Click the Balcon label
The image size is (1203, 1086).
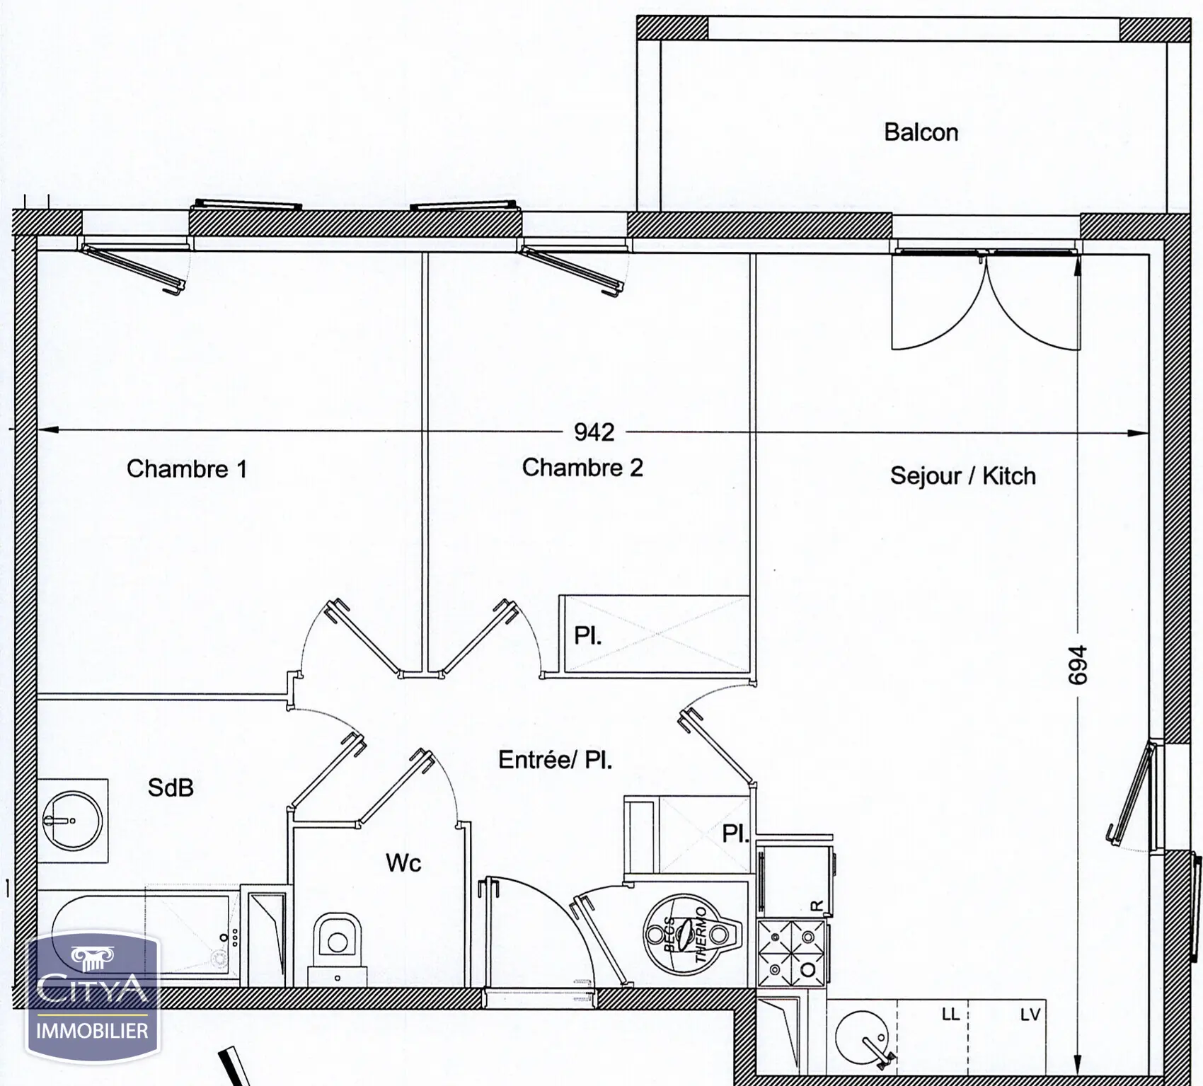point(921,132)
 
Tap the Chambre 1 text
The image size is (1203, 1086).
point(187,468)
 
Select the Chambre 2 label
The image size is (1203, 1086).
point(582,467)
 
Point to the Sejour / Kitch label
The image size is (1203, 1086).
point(962,475)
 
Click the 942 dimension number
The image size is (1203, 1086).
point(594,432)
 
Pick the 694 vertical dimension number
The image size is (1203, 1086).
point(1077,665)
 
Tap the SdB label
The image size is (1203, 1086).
point(171,787)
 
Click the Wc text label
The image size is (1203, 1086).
point(403,862)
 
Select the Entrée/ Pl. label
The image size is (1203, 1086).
point(556,760)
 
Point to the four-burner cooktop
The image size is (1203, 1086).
point(791,953)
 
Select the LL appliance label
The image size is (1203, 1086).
point(950,1015)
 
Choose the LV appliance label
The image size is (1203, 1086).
point(1030,1015)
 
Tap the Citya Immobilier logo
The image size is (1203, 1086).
point(92,998)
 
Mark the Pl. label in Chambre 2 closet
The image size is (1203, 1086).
point(587,636)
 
